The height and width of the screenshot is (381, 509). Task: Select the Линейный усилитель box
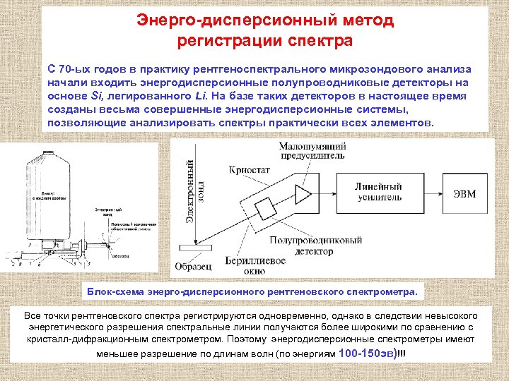(379, 192)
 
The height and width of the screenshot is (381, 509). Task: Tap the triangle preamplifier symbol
(303, 195)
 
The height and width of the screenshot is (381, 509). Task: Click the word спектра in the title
(324, 40)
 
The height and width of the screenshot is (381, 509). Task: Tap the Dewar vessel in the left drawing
(46, 183)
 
